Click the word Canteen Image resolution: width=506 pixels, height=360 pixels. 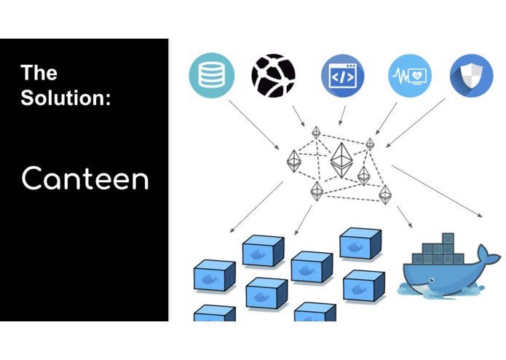[x=84, y=178]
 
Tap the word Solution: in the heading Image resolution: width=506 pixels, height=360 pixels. [x=66, y=98]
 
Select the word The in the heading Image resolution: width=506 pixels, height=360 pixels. [x=39, y=73]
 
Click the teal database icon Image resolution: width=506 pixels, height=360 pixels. [x=210, y=76]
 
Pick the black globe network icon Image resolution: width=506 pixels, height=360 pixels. [x=273, y=76]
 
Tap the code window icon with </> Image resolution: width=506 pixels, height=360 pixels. [x=342, y=76]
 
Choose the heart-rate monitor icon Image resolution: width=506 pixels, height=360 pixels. [x=409, y=76]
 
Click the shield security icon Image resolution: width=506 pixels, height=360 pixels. [x=471, y=76]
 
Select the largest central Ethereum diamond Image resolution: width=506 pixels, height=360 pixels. [x=341, y=160]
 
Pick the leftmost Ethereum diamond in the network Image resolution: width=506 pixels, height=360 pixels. [x=293, y=161]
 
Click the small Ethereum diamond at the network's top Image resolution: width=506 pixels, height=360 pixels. [x=316, y=133]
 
